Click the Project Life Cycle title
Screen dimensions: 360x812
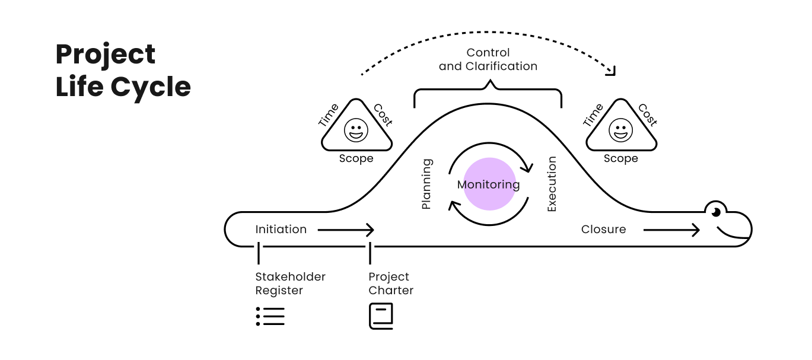[x=123, y=71]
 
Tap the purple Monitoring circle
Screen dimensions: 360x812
[x=489, y=184]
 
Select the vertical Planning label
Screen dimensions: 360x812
[x=426, y=184]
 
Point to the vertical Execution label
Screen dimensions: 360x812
[x=552, y=184]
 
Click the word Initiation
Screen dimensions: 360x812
[x=281, y=230]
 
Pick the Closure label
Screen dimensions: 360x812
[x=603, y=230]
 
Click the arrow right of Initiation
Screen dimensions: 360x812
[x=346, y=230]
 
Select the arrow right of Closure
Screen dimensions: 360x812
[x=671, y=230]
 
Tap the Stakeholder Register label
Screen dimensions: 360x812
[x=290, y=283]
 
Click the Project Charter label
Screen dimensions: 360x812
[x=391, y=283]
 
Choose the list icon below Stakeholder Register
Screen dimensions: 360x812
[x=270, y=316]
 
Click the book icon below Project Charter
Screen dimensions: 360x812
[x=381, y=316]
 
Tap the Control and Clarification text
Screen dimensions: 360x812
[x=488, y=59]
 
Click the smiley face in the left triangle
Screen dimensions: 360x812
[x=356, y=130]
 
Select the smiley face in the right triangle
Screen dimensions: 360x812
[x=621, y=130]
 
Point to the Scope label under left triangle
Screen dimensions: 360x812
[x=356, y=158]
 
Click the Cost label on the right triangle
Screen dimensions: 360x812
[x=647, y=115]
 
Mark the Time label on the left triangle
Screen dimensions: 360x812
[x=329, y=115]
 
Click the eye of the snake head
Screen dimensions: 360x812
[x=716, y=212]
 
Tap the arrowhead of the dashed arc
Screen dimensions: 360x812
[x=611, y=71]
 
